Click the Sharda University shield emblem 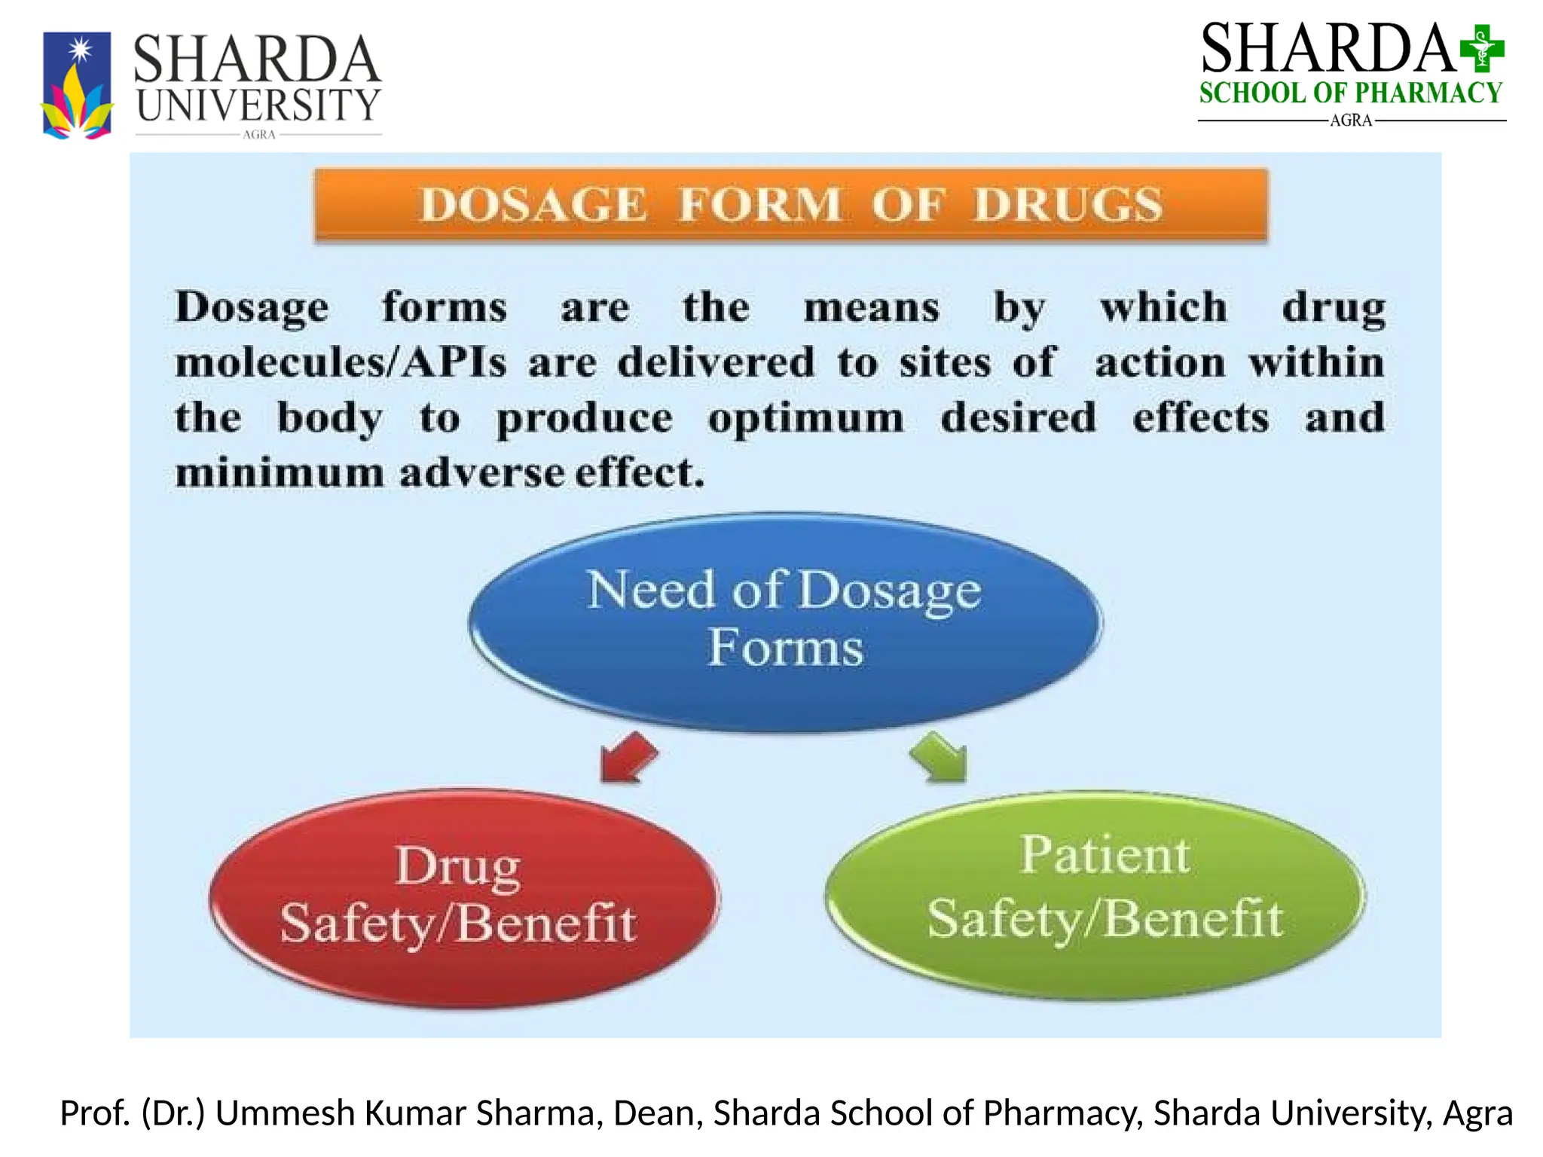point(77,85)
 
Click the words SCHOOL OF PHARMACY point(1350,93)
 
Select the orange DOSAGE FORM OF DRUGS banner point(790,205)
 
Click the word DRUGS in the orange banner point(1068,205)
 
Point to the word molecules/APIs point(341,363)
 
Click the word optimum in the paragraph point(805,418)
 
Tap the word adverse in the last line point(481,474)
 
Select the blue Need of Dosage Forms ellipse point(784,622)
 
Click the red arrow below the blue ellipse point(627,757)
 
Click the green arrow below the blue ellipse point(940,756)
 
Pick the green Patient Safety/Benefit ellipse point(1095,895)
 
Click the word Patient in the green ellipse point(1105,855)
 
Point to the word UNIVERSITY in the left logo point(258,105)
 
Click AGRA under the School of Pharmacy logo point(1350,121)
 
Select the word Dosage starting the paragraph point(252,308)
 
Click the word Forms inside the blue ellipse point(785,648)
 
